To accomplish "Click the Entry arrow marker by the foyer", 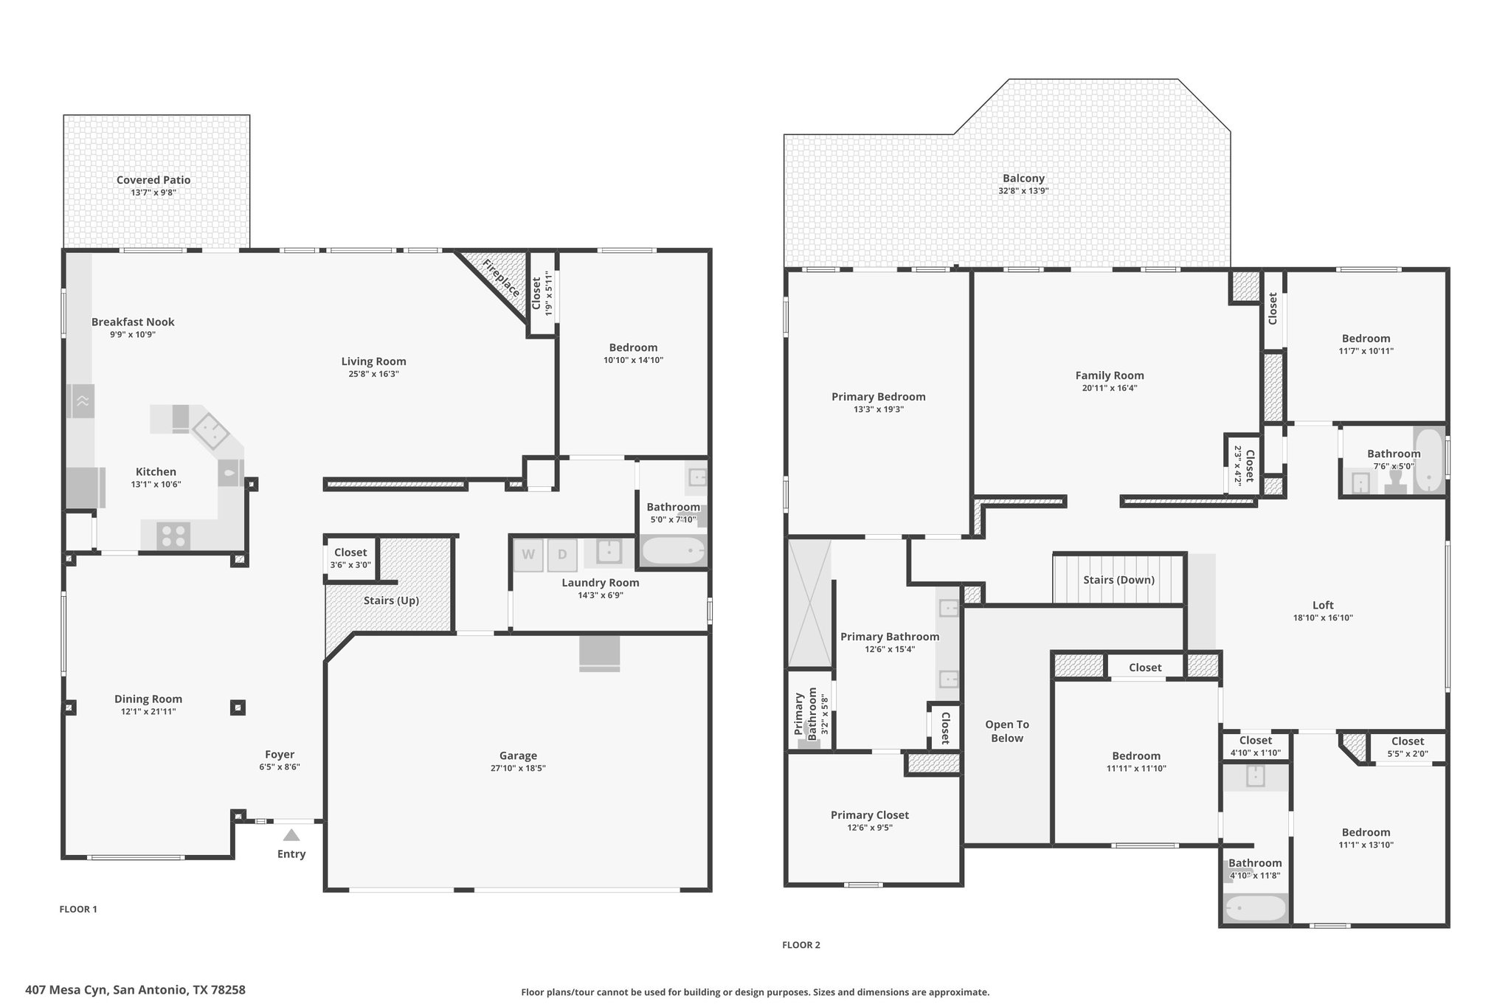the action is coord(291,835).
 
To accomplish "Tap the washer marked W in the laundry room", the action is coord(528,555).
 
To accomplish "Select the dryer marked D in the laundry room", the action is coord(562,555).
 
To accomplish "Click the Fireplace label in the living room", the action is coord(502,277).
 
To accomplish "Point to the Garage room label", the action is coord(518,755).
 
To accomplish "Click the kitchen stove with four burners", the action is coord(173,536).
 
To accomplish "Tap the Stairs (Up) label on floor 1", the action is coord(391,601).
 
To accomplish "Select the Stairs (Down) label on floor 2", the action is coord(1118,580).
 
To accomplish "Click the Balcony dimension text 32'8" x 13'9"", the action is coord(1023,191).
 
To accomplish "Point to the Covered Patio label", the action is coord(153,180).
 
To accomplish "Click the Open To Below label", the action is coord(1007,731).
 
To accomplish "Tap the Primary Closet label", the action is coord(870,815).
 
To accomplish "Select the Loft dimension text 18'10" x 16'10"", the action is coord(1323,618).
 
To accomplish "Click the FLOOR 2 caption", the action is coord(801,945).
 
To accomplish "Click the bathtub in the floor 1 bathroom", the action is coord(673,550).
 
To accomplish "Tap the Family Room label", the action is coord(1110,376).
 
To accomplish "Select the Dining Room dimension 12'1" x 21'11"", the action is coord(148,712).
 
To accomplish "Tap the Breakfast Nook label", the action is coord(133,322).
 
